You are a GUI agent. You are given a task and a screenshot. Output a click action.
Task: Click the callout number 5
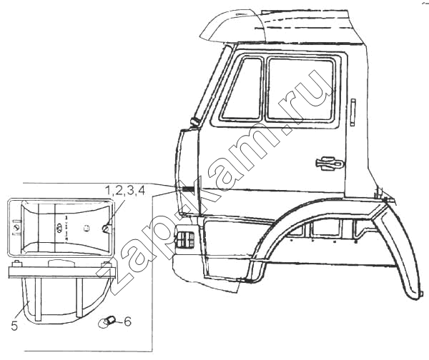(14, 326)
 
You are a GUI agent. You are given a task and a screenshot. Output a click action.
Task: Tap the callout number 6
(127, 321)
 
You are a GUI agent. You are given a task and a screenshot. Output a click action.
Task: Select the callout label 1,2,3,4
(124, 191)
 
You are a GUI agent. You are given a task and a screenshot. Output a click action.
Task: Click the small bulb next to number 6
(107, 321)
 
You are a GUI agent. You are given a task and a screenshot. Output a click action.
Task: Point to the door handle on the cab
(330, 164)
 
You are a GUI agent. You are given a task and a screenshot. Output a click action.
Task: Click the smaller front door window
(242, 89)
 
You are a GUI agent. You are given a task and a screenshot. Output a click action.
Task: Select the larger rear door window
(300, 89)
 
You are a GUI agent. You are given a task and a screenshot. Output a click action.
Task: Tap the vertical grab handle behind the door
(353, 112)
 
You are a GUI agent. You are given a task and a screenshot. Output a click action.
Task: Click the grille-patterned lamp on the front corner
(184, 240)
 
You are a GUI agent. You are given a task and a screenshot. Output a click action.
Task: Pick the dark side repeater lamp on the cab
(188, 189)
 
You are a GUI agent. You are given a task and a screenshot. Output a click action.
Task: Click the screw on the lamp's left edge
(17, 227)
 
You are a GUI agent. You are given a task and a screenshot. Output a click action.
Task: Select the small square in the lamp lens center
(87, 227)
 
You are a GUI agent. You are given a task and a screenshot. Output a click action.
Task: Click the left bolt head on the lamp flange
(16, 264)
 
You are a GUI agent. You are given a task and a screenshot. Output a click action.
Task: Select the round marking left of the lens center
(59, 227)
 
